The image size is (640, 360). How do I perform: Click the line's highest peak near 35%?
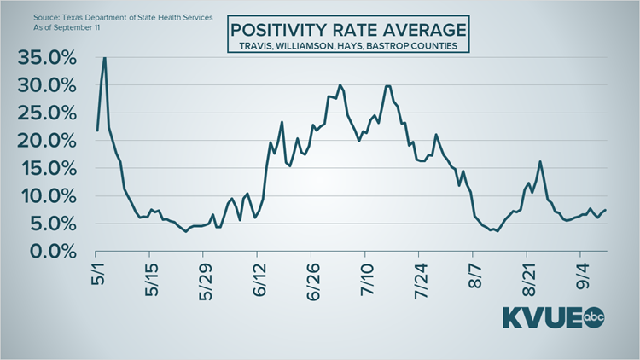click(x=104, y=58)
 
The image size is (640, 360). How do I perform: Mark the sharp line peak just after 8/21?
click(x=540, y=161)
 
